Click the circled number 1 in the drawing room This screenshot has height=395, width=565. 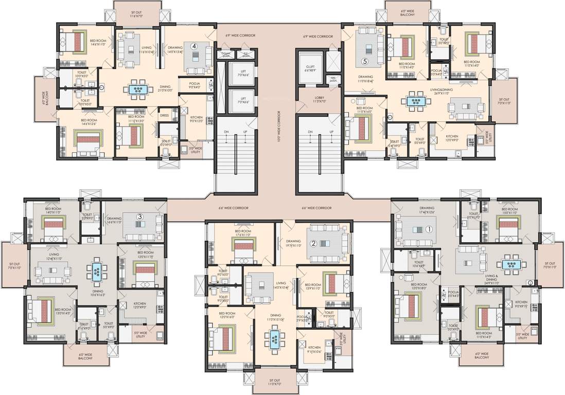(x=428, y=229)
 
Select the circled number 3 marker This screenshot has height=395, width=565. (x=139, y=217)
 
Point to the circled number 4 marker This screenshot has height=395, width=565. (x=195, y=46)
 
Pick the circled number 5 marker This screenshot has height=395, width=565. (x=365, y=61)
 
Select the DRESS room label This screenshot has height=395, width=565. (x=164, y=116)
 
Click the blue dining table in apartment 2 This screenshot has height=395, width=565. (x=274, y=338)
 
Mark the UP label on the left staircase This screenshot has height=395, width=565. (x=245, y=132)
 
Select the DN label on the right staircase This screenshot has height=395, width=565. (x=310, y=132)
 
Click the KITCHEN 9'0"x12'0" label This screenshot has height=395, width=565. (x=197, y=120)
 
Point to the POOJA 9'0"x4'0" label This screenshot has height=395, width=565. (x=194, y=85)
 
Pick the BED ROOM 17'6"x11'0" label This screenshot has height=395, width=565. (x=243, y=234)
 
